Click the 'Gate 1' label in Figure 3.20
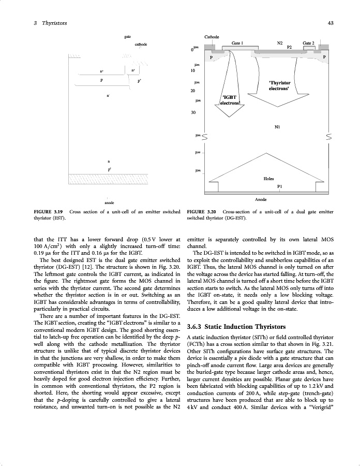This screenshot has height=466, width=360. coord(238,43)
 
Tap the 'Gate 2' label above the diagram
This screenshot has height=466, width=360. coord(309,43)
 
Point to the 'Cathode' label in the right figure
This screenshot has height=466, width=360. coord(212,37)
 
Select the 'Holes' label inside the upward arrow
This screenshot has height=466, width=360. coord(269,178)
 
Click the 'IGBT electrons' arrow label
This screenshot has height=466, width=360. coord(230,100)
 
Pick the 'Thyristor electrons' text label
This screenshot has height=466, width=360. coord(280,86)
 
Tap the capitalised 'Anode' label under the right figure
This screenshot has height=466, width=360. coord(261,199)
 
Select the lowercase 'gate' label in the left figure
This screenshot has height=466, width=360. coord(128,37)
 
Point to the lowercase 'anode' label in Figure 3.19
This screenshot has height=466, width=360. coord(109,202)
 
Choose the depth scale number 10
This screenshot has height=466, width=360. coord(192,70)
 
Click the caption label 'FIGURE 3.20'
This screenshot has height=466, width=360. coord(202,212)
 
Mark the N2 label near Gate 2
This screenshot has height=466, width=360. coord(280,43)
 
